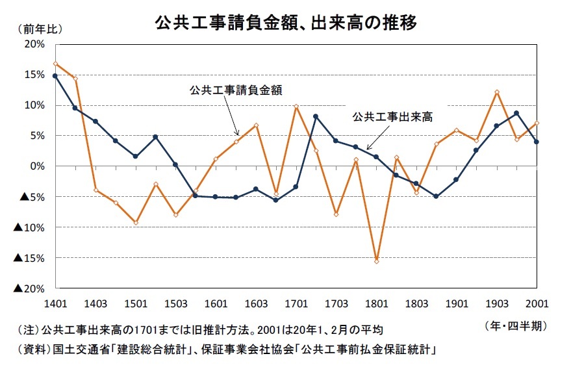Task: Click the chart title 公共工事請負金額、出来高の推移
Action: click(286, 23)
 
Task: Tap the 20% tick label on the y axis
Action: click(34, 44)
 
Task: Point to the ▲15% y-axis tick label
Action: click(29, 259)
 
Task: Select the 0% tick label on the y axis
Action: click(37, 166)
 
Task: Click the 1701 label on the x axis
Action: click(296, 303)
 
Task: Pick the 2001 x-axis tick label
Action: click(537, 303)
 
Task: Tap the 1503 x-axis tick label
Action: click(176, 303)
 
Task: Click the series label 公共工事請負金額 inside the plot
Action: click(236, 90)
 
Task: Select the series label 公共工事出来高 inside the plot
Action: click(392, 117)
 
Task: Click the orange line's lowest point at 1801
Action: click(377, 261)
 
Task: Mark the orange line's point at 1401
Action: click(55, 64)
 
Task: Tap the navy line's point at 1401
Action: click(55, 76)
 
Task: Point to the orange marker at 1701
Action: click(296, 107)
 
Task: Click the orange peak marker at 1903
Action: click(497, 92)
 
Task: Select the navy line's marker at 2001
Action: click(537, 142)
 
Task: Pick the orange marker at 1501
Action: click(136, 223)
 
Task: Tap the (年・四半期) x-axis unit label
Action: click(516, 326)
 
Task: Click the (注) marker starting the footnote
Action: click(28, 330)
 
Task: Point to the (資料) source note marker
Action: click(34, 350)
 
